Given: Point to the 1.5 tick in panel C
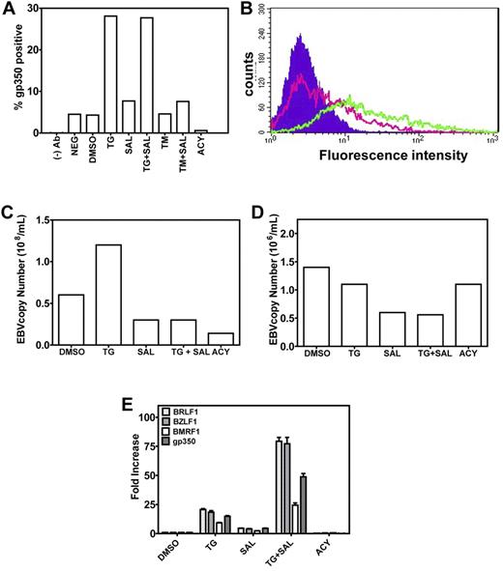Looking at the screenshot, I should click(44, 219).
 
